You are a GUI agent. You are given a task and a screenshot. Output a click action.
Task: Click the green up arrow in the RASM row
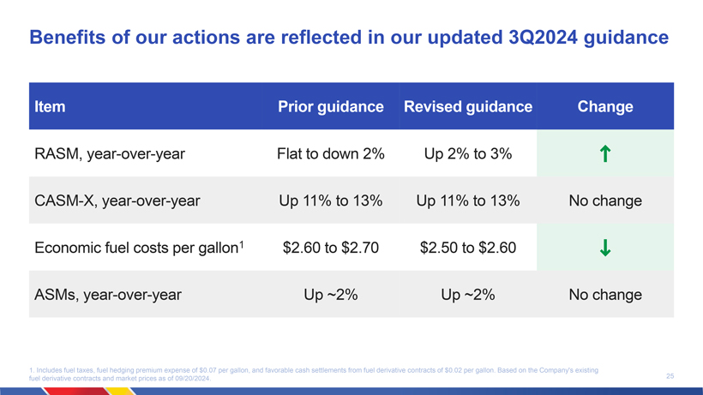[x=604, y=153]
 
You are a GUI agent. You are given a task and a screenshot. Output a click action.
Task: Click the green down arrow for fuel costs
[x=604, y=248]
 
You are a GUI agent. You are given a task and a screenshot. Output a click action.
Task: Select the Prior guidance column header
[x=330, y=106]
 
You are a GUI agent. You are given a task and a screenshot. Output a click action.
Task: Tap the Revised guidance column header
[x=467, y=106]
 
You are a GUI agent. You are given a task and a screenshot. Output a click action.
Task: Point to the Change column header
[x=604, y=106]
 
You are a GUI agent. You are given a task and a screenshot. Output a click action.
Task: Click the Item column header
[x=50, y=106]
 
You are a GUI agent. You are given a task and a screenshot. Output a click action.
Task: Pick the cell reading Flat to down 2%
[x=330, y=153]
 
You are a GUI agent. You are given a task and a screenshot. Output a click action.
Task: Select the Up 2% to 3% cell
[x=467, y=153]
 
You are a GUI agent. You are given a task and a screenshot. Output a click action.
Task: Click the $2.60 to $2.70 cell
[x=330, y=248]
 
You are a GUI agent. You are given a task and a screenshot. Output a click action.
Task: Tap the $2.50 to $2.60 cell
[x=467, y=248]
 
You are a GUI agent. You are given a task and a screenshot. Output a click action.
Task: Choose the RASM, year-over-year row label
[x=110, y=154]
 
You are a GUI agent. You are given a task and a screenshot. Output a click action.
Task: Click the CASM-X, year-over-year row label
[x=117, y=201]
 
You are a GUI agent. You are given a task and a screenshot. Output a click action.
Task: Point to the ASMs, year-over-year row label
[x=108, y=295]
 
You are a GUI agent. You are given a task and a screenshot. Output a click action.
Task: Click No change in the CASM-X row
[x=604, y=200]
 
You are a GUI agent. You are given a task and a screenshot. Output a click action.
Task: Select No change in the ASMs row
[x=604, y=295]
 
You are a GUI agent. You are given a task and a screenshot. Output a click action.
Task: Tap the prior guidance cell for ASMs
[x=330, y=295]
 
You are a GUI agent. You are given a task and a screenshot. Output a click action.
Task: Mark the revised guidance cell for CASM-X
[x=467, y=200]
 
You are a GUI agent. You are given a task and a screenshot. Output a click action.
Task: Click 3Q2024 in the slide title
[x=543, y=37]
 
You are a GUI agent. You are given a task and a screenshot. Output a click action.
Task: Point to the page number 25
[x=670, y=376]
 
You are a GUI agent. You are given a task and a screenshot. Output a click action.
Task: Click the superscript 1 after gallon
[x=241, y=244]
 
